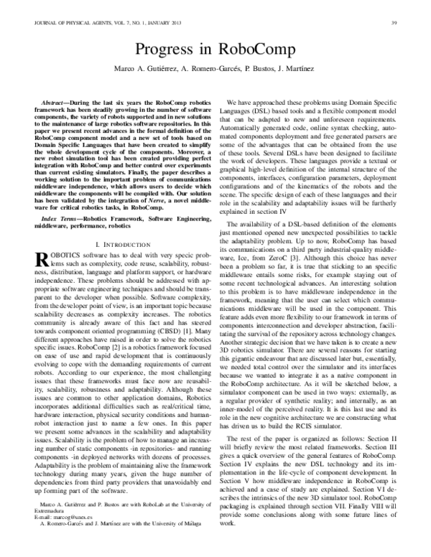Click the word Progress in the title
tap(167, 50)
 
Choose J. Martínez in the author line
tap(305, 68)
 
